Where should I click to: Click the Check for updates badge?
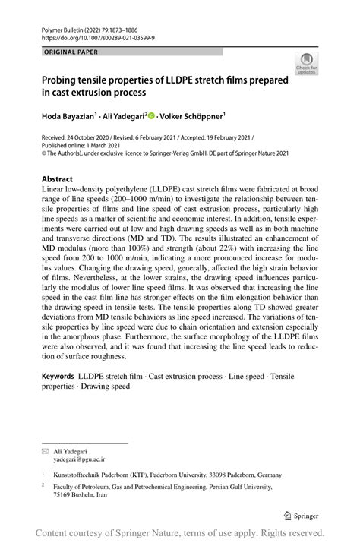pos(307,64)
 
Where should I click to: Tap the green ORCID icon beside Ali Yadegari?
pos(152,117)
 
